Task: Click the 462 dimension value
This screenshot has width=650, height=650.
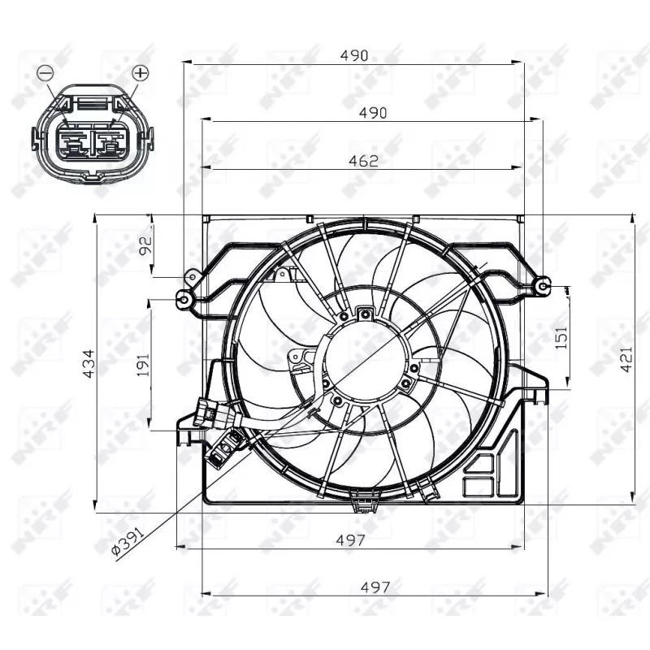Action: coord(363,161)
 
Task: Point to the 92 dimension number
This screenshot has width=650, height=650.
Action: coord(147,245)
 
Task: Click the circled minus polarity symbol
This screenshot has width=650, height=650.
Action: coord(45,73)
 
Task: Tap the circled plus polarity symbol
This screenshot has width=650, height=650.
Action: coord(141,73)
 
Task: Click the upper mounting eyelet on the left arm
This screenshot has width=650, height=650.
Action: coord(193,278)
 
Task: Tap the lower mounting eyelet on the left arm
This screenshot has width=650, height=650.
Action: coord(184,300)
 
